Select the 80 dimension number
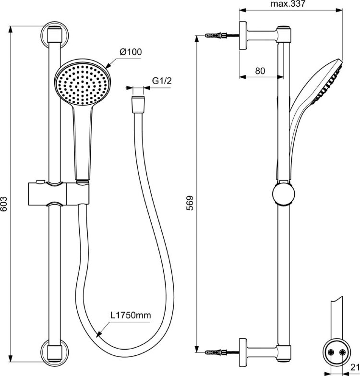(x=260, y=71)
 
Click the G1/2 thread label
(x=162, y=81)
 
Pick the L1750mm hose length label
(x=131, y=315)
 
